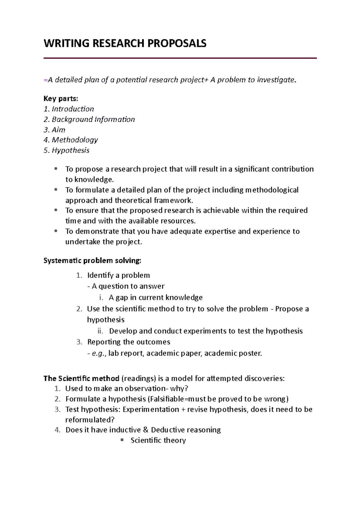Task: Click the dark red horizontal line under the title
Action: coord(180,58)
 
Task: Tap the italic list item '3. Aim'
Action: coord(54,130)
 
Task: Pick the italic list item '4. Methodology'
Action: coord(71,140)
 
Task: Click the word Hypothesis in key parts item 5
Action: coord(70,150)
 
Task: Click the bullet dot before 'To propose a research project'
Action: coord(56,169)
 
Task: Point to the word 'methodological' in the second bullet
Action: coord(272,190)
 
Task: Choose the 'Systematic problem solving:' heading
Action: coord(92,260)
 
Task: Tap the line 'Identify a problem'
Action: coord(118,275)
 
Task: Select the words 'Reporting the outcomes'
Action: coord(129,342)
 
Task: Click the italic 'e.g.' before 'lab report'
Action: coord(99,353)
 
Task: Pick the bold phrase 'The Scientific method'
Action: coord(82,378)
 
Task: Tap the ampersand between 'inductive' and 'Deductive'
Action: coord(146,430)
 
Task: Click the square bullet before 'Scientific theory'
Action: coord(122,440)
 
